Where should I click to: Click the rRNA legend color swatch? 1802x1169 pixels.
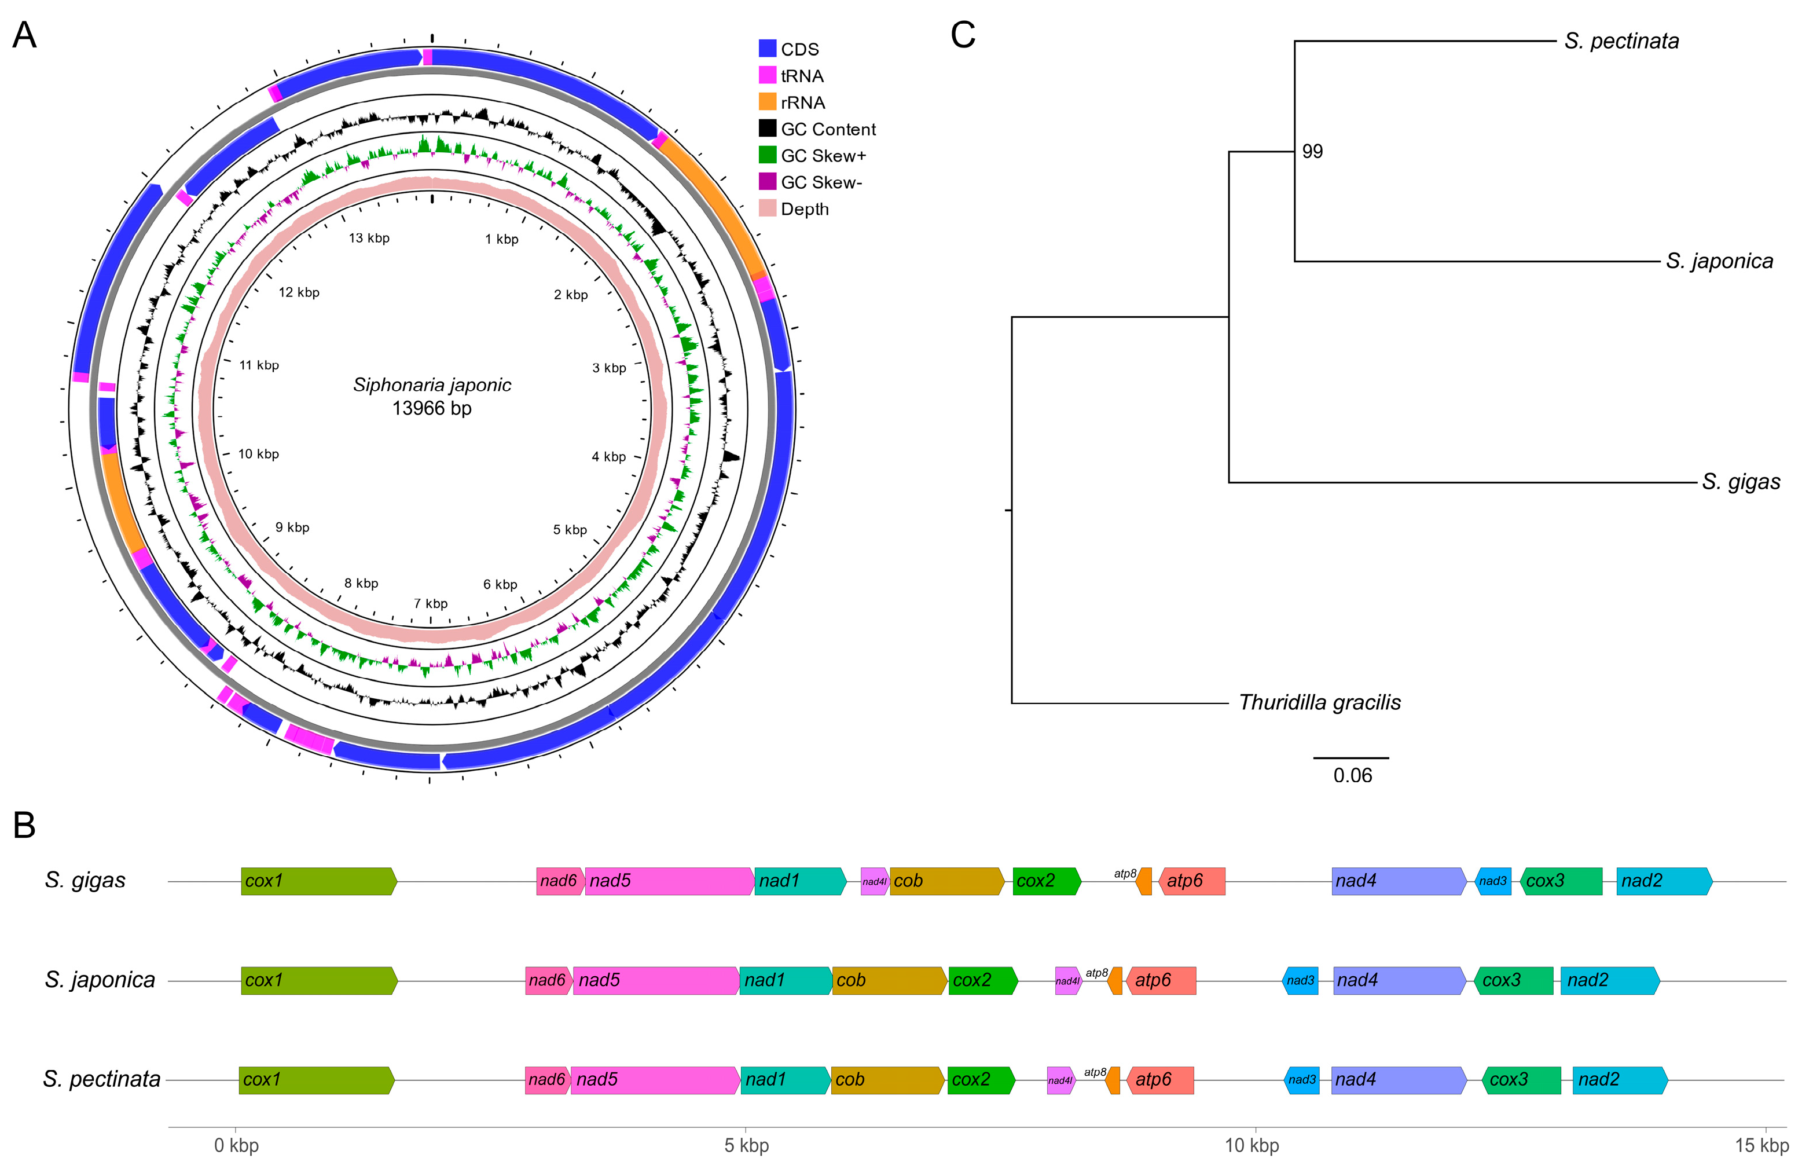pos(767,102)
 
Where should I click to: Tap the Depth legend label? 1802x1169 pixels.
pos(804,210)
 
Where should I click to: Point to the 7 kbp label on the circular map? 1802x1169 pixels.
pos(430,603)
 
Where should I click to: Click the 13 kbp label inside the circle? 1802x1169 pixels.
pos(369,239)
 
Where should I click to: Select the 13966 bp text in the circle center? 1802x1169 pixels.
pos(432,409)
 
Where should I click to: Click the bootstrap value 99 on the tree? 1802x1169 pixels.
pos(1312,152)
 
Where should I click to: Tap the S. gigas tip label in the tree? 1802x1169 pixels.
pos(1740,482)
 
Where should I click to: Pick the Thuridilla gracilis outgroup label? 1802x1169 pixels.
pos(1319,702)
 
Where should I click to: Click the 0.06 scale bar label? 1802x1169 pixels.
pos(1352,775)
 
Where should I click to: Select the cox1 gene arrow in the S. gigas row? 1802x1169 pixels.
pos(318,881)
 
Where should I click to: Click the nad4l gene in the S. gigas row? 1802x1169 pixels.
pos(875,881)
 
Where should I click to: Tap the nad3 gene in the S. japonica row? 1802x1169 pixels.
pos(1300,980)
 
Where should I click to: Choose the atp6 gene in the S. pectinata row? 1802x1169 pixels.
pos(1159,1080)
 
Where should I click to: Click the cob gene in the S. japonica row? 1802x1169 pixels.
pos(889,980)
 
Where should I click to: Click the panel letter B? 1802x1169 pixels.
pos(24,825)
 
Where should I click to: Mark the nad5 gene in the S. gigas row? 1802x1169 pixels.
pos(669,881)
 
